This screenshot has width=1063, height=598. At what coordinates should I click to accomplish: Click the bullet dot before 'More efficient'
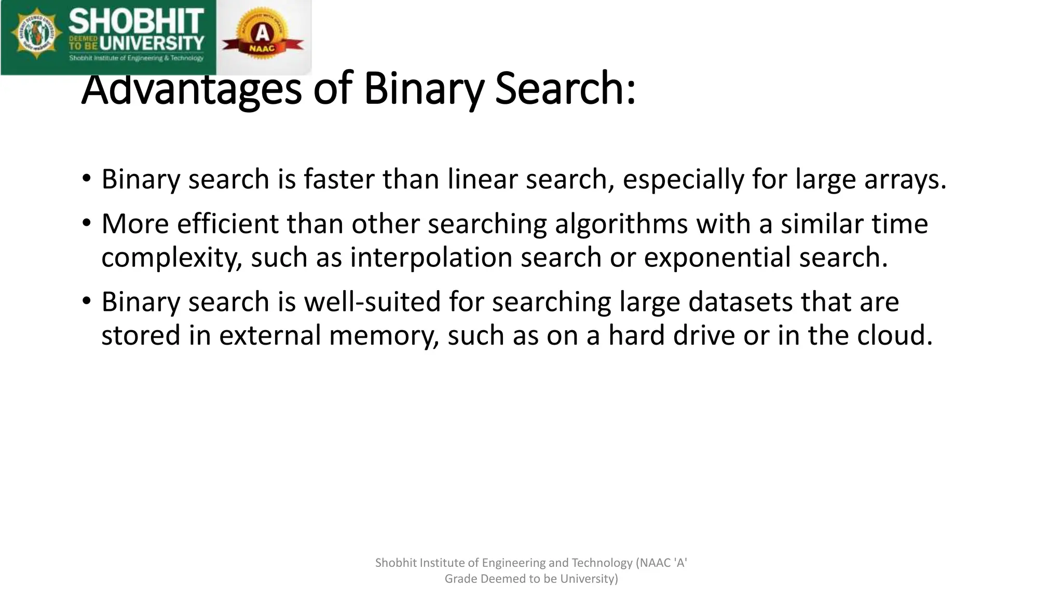87,224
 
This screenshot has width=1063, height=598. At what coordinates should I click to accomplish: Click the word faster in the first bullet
339,179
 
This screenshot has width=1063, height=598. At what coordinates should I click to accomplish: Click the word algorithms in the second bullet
621,224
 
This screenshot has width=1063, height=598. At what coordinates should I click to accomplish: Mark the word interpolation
431,257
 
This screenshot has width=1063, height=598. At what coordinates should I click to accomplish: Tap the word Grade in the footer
461,579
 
